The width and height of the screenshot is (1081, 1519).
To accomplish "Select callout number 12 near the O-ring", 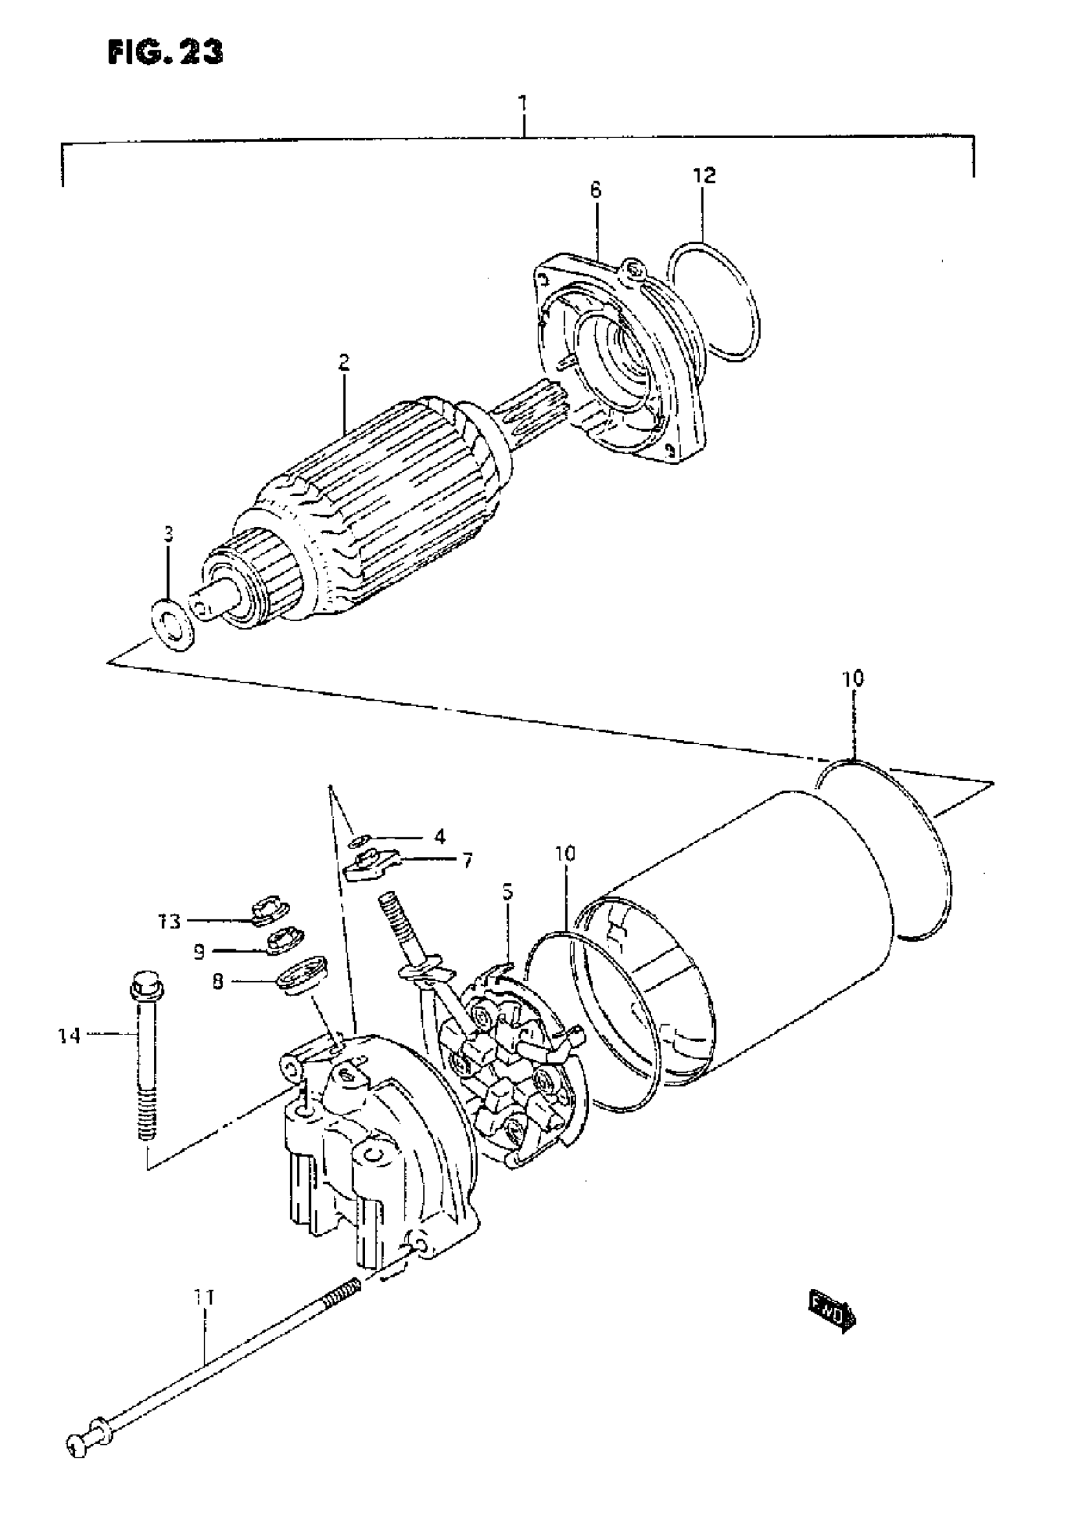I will pos(705,175).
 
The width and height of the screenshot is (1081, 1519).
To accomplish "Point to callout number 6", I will pos(595,190).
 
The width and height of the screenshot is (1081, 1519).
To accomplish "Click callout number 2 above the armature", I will pos(344,363).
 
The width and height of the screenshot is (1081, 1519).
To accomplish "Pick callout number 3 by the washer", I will pos(169,534).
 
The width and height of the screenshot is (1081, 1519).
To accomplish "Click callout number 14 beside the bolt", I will pos(69,1036).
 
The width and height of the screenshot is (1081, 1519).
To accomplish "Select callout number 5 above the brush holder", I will pos(508,891).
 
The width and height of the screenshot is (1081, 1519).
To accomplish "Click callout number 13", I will pos(169,921).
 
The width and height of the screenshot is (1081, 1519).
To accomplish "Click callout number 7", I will pos(467,861).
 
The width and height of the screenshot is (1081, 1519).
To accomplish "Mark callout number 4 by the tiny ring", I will pos(439,836).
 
